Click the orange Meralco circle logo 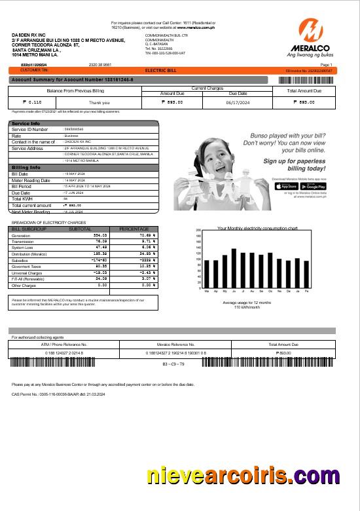click(x=312, y=31)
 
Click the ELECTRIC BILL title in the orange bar click(x=158, y=69)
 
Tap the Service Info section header click(x=26, y=123)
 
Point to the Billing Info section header click(x=26, y=167)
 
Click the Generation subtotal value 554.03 click(x=100, y=235)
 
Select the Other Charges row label click(x=24, y=285)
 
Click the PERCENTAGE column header click(x=134, y=229)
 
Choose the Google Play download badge click(x=308, y=186)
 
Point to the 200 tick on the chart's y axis click(x=199, y=231)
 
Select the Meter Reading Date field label click(x=31, y=180)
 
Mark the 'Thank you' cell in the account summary click(x=99, y=102)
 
